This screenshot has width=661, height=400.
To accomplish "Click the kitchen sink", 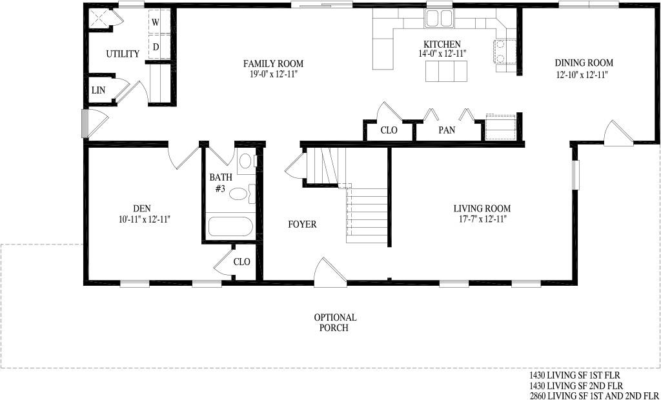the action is pos(439,19).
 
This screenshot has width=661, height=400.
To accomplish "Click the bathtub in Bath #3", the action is pos(230,226).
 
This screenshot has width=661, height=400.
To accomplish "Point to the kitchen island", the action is pos(447,71).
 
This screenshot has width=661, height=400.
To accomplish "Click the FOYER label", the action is pos(302,225).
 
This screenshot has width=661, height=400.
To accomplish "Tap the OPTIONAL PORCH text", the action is pos(335,323).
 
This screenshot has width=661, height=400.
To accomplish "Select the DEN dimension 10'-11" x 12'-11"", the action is pos(144,219).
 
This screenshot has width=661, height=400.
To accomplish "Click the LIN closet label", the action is pos(99,90).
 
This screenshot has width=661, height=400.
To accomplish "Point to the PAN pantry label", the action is pos(447,130).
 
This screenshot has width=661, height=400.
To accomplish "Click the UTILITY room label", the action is pos(123,54).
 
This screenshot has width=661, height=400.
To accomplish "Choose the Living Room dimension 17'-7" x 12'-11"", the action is pos(482,219).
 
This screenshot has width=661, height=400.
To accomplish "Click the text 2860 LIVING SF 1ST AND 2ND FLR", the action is pos(593,395).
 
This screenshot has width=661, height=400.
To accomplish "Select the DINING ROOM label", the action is pos(584,63).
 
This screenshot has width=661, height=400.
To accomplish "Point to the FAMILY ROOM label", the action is pos(273,64).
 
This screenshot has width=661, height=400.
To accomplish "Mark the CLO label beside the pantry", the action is pos(389,130).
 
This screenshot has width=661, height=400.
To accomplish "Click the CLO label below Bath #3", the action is pos(241,262).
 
